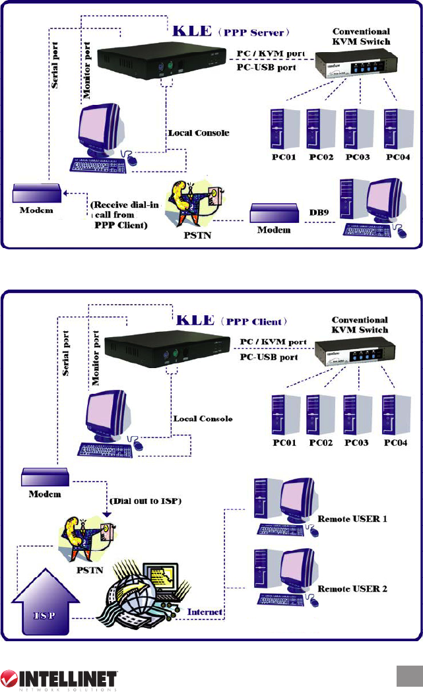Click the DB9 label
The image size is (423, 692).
319,213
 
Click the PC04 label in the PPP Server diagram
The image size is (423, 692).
399,158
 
